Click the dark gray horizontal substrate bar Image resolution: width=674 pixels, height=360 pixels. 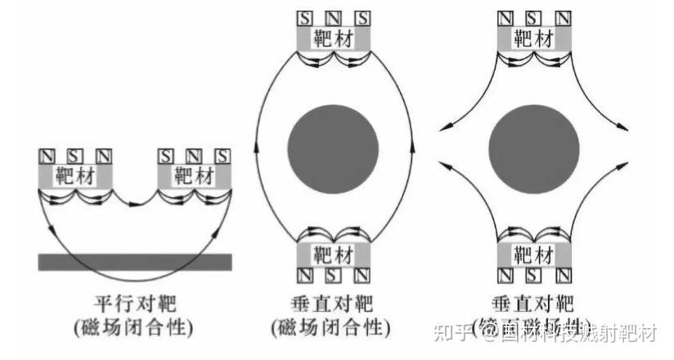pos(135,261)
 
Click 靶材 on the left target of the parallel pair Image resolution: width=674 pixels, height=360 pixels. pos(75,175)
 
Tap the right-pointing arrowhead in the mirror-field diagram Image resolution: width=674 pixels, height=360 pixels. pos(624,128)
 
